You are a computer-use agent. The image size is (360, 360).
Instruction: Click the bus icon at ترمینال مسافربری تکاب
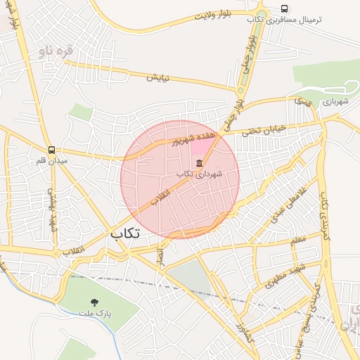pos(284,8)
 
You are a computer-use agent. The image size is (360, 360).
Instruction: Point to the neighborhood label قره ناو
pos(56,51)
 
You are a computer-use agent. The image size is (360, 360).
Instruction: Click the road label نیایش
pos(157,77)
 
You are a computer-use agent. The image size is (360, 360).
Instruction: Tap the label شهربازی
pos(335,102)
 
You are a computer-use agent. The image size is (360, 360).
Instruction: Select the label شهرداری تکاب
pos(199,174)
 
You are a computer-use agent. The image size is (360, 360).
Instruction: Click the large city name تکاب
pos(125,233)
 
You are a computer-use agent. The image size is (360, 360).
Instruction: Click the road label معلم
pos(298,241)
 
